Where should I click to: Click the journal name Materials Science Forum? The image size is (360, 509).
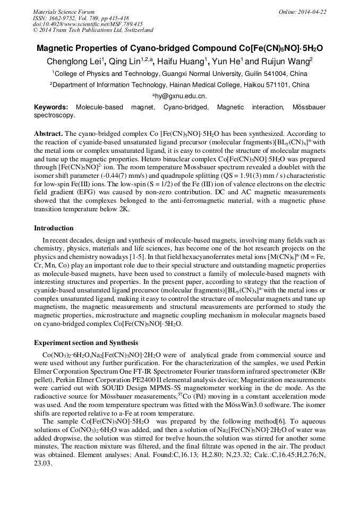(x=64, y=12)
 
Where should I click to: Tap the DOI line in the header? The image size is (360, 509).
(x=88, y=24)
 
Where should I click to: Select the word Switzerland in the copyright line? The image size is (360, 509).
(x=135, y=30)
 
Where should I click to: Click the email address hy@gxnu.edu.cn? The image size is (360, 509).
(x=179, y=96)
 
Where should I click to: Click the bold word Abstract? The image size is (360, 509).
(x=48, y=134)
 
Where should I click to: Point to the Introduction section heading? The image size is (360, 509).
(x=54, y=228)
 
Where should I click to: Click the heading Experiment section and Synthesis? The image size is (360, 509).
(x=86, y=343)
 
